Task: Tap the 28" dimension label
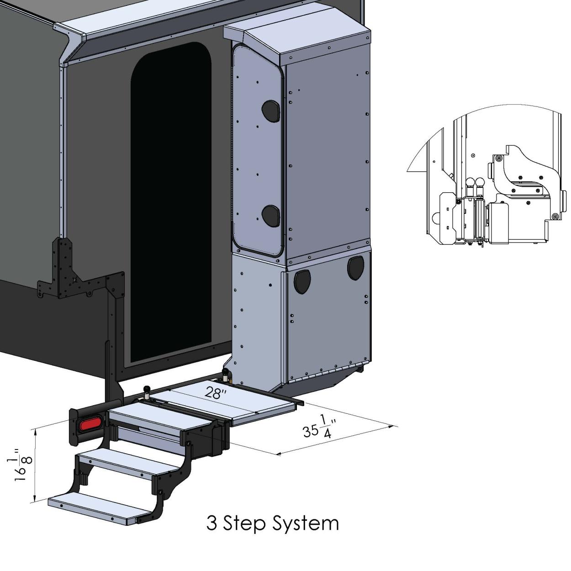(213, 393)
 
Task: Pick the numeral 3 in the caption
(211, 523)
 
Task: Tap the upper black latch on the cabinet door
(270, 111)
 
